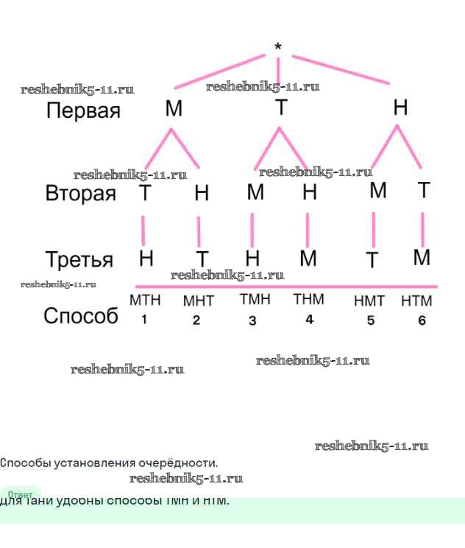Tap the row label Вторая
coord(81,194)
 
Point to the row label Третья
coord(79,260)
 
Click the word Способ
coord(81,316)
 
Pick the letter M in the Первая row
coord(174,109)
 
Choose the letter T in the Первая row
coord(281,108)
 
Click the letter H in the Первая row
coord(400,108)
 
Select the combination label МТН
coord(145,301)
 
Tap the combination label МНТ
coord(198,301)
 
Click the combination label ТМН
coord(255,300)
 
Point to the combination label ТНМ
coord(308,300)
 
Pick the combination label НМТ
coord(369,301)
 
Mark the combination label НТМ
coord(416,301)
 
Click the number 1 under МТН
coord(144,320)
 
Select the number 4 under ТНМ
coord(310,320)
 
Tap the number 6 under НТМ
coord(422,320)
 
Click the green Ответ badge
coord(20,494)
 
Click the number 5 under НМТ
coord(371,320)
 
